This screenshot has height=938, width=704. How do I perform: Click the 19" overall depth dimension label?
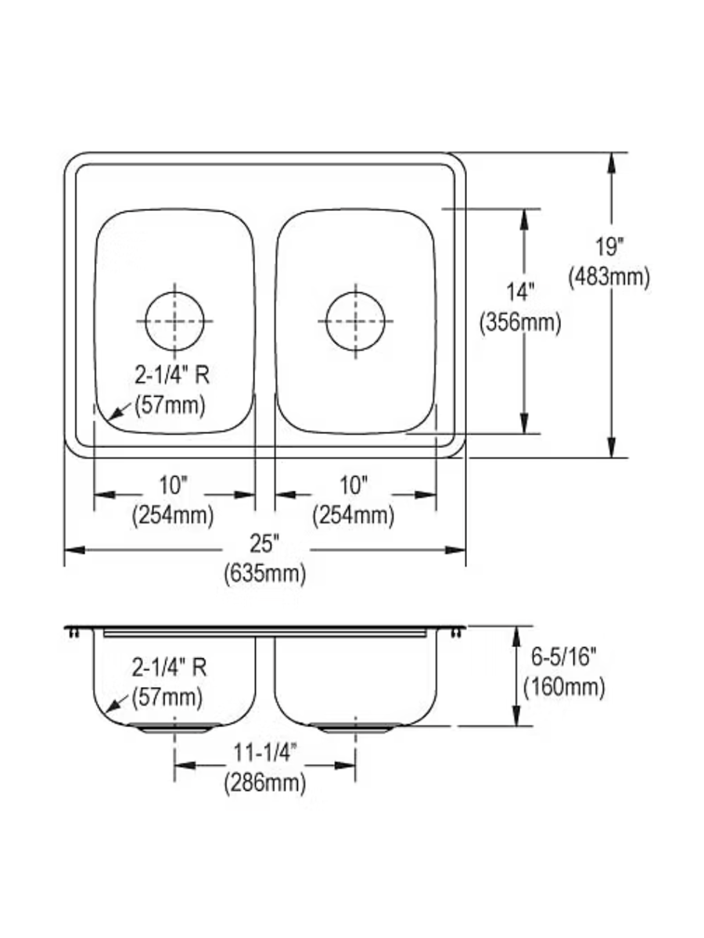click(x=610, y=248)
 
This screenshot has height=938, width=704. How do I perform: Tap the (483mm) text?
click(x=609, y=277)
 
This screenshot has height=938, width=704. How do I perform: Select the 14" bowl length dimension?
click(x=520, y=292)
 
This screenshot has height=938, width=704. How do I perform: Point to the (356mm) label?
click(x=520, y=323)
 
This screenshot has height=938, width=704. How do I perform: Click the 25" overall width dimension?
click(x=264, y=544)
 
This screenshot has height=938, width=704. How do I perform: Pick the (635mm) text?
click(x=265, y=574)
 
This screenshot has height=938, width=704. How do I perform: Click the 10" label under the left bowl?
click(x=173, y=486)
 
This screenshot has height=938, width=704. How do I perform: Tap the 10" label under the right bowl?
click(x=354, y=486)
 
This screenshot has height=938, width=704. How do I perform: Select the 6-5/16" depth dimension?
click(x=563, y=657)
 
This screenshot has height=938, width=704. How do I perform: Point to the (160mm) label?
click(x=564, y=687)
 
